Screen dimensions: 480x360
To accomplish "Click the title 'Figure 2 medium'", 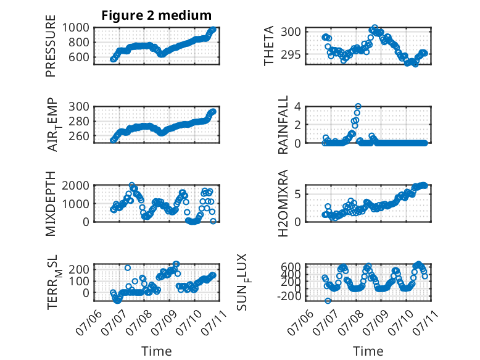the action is point(157,15).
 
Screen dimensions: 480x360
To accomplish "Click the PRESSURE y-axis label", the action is point(51,46).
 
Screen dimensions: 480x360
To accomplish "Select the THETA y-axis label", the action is point(269,46).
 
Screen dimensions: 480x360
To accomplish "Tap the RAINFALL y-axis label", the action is point(283,125).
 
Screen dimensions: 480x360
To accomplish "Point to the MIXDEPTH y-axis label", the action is point(51,203).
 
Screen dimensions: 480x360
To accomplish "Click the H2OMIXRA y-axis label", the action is point(283,203).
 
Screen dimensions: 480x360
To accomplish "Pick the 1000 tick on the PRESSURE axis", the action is point(76,28).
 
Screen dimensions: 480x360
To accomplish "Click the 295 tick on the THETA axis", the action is point(291,55).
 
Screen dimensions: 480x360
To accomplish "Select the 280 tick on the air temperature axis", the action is point(79,121).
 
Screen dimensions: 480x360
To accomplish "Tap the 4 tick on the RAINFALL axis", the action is point(297,107).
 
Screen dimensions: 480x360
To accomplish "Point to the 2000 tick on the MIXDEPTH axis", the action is point(76,185).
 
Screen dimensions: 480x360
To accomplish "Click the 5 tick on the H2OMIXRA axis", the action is point(297,195).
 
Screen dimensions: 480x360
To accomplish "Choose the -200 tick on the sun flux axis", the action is point(289,296).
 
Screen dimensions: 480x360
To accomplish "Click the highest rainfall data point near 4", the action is point(358,106).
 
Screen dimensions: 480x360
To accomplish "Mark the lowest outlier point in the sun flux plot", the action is point(328,301).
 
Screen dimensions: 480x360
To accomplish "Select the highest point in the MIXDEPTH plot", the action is point(132,185).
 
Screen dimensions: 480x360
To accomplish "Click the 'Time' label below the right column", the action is point(368,351).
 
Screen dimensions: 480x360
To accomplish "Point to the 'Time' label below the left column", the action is point(157,351).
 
